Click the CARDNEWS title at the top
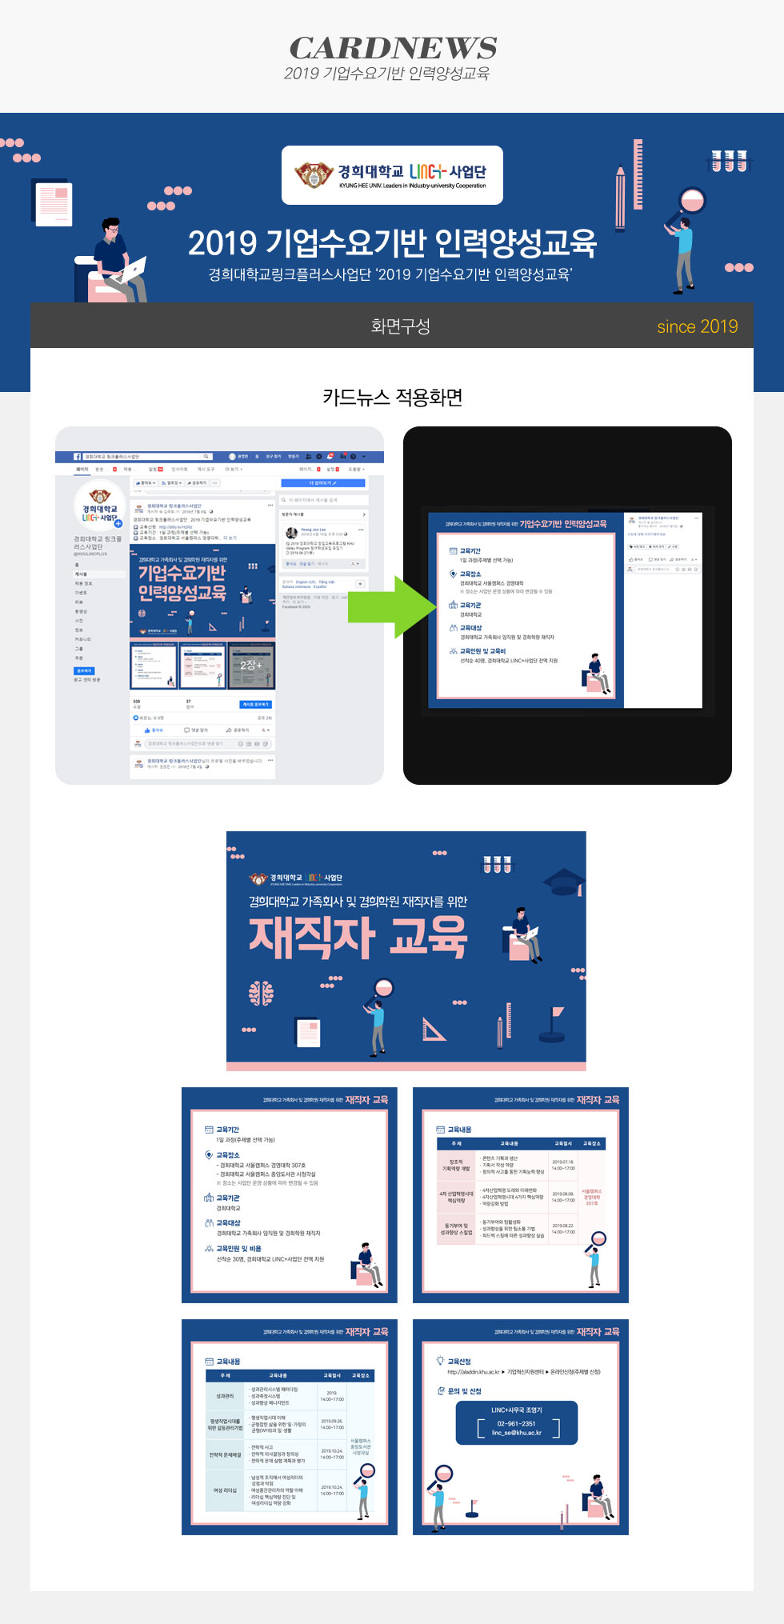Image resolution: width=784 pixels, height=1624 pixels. pos(393,48)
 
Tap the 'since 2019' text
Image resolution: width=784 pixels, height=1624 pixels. pos(697,326)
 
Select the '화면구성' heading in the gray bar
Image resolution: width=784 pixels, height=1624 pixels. pos(400,326)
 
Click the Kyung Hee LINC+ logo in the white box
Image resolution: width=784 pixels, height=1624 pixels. pos(392,174)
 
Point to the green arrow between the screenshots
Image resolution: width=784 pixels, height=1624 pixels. pos(390,606)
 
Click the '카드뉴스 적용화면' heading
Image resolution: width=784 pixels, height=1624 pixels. pos(392,398)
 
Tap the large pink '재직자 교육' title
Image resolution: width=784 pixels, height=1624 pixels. pos(358,937)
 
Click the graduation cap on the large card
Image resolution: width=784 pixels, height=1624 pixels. pos(564,881)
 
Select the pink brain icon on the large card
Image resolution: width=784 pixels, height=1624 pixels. pos(261,993)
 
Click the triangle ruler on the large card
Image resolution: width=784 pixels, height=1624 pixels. pos(434,1029)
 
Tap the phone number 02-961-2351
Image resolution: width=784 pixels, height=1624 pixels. pos(516,1423)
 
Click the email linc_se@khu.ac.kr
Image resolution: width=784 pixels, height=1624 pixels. pos(516,1433)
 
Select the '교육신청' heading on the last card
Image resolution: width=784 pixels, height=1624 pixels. pos(459,1362)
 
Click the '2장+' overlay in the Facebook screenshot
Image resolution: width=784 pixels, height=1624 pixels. pos(251,665)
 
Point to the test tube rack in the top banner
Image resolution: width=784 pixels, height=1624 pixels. pos(729,160)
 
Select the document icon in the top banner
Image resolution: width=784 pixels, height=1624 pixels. pos(54,203)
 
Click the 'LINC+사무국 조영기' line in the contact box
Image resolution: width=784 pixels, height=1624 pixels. pos(516,1410)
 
